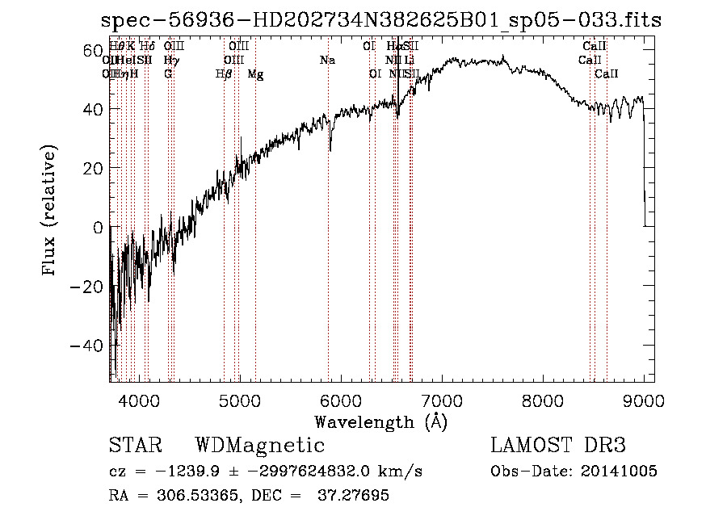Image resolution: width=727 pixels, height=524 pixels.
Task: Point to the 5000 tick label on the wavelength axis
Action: click(x=238, y=399)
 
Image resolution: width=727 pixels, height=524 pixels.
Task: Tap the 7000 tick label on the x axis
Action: click(x=441, y=399)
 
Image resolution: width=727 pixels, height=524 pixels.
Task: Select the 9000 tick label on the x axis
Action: click(x=644, y=399)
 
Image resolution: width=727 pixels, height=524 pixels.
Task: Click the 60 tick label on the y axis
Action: click(x=95, y=50)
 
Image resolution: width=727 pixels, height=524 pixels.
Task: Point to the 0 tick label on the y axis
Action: click(x=99, y=228)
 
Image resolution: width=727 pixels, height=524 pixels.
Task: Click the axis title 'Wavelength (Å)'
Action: click(x=380, y=421)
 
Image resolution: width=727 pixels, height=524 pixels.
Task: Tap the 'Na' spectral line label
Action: click(x=327, y=61)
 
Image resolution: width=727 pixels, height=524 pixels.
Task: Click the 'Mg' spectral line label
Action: click(x=255, y=74)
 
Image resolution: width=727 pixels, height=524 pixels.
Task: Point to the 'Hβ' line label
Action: click(x=225, y=74)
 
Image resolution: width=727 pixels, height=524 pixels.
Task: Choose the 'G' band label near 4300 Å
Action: click(x=168, y=74)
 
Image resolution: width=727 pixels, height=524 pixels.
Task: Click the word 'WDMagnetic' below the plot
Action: click(x=259, y=446)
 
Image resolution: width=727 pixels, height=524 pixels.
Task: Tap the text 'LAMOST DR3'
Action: click(x=558, y=446)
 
